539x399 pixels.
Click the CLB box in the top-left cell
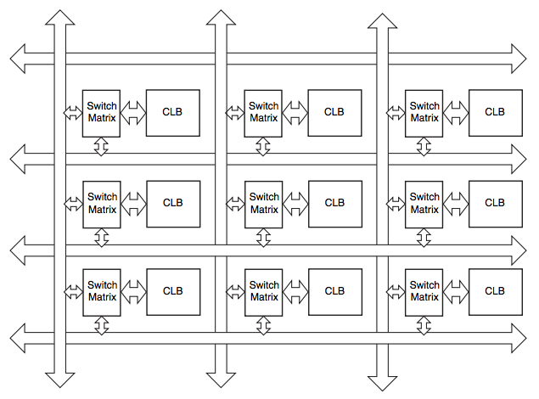click(x=173, y=112)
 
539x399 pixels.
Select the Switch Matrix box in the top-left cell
click(x=102, y=112)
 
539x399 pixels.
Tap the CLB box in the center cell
click(x=334, y=203)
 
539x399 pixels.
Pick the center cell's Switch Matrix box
click(x=263, y=203)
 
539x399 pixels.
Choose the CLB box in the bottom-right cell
click(x=495, y=291)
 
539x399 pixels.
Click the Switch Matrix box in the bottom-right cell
click(x=424, y=291)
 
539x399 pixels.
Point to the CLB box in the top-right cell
click(x=495, y=112)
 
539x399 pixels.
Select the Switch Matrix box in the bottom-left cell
click(x=102, y=291)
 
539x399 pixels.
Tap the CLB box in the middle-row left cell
click(x=173, y=203)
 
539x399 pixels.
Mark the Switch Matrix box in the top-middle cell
click(x=263, y=112)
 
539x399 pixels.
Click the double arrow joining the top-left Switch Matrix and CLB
click(x=133, y=112)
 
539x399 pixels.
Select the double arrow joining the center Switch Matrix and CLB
click(x=295, y=203)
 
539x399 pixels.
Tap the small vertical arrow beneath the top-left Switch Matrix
click(x=102, y=147)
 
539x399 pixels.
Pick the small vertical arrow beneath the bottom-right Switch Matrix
click(x=424, y=325)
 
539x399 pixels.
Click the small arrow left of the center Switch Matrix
click(x=235, y=203)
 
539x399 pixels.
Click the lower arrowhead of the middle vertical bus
click(x=221, y=380)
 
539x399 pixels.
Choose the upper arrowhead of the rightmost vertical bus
click(x=380, y=18)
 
